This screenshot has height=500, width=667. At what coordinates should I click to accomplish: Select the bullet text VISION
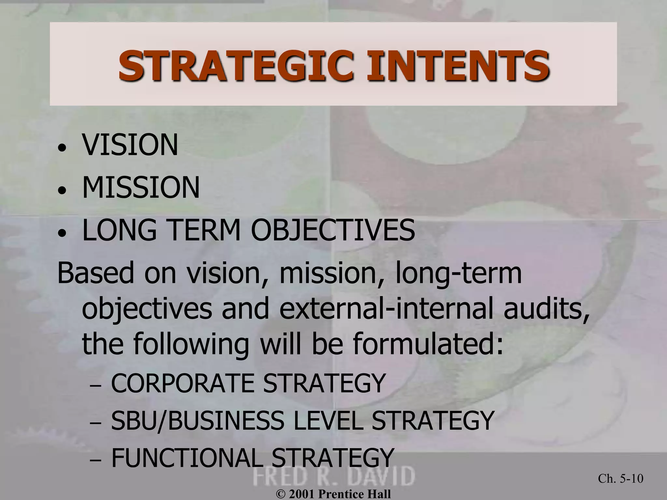pyautogui.click(x=130, y=145)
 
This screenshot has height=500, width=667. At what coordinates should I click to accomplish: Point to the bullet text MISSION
pyautogui.click(x=141, y=187)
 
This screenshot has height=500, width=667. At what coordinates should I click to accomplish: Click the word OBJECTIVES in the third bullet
pyautogui.click(x=333, y=230)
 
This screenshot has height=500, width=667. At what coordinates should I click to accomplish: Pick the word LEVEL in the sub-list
pyautogui.click(x=328, y=421)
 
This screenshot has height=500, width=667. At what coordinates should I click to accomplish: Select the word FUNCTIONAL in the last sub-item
pyautogui.click(x=187, y=457)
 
